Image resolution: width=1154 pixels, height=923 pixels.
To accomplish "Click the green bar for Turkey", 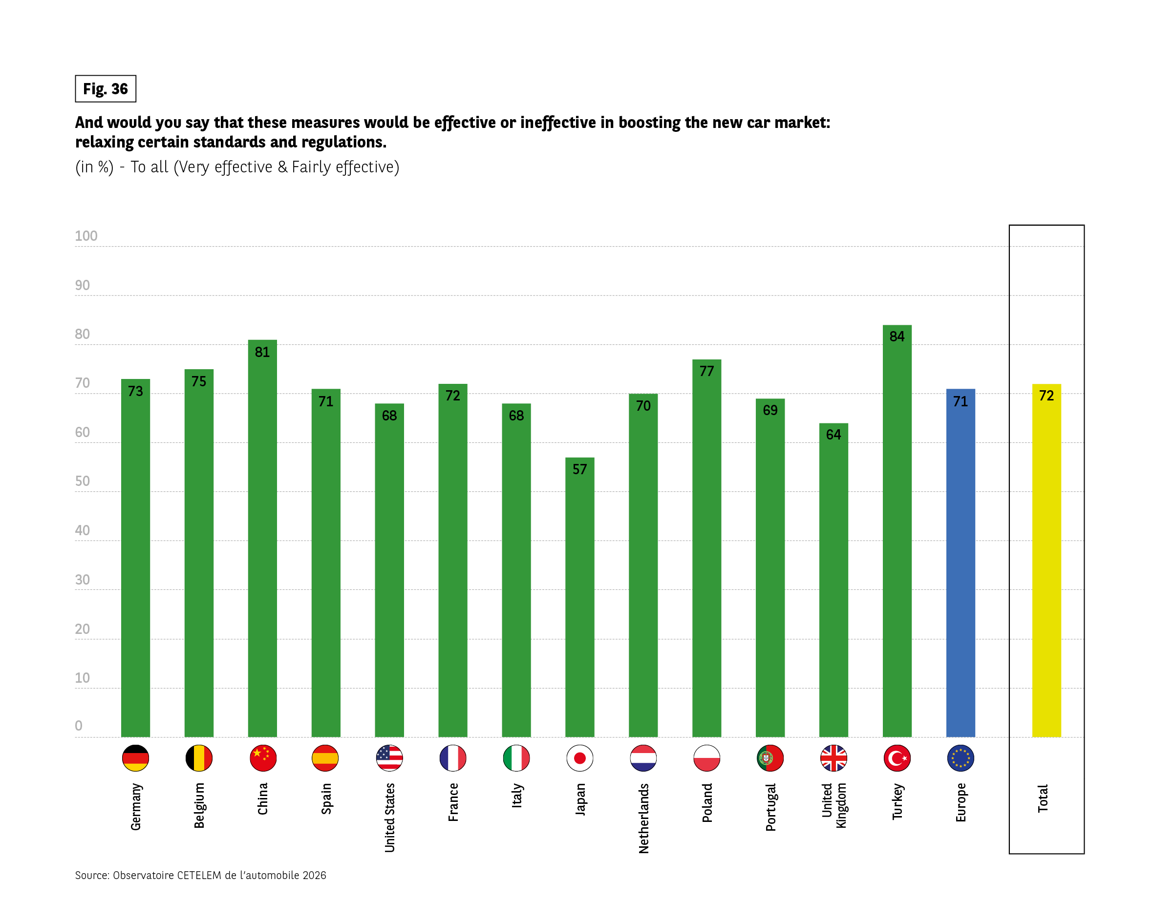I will point(897,535).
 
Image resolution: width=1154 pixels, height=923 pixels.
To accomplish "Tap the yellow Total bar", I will point(1046,562).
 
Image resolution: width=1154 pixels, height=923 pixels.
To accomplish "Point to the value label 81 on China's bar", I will point(262,352).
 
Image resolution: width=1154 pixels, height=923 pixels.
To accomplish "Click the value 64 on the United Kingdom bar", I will point(833,435).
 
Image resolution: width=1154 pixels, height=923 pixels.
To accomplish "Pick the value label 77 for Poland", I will point(706,371).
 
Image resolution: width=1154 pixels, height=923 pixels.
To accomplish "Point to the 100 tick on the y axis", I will point(86,236).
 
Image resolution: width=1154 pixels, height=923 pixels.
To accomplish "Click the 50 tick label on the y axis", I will point(83,481).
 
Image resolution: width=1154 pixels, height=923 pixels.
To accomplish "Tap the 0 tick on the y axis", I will point(79,726).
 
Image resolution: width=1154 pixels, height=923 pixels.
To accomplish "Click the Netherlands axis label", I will point(643,818).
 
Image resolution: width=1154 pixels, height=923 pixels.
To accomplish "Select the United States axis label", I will point(390,817).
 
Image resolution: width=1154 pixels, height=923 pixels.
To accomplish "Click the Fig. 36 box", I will point(106,89).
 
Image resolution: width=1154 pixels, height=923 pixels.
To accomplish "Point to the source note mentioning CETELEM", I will point(201,875).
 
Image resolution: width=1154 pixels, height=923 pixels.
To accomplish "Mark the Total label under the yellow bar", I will point(1043,798).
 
